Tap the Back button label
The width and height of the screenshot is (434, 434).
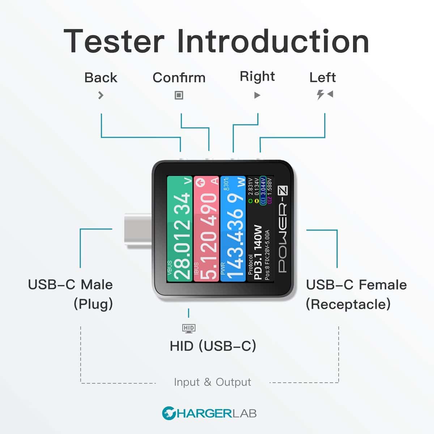point(101,77)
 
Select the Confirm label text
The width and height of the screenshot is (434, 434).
point(179,77)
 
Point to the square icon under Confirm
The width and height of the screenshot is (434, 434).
point(179,95)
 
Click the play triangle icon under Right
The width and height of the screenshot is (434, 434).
point(257,95)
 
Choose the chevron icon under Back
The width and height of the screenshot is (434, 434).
point(101,95)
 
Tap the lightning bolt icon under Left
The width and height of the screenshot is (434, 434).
point(320,95)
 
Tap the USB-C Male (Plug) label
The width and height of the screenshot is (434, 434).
point(71,294)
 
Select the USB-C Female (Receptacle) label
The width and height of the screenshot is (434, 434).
point(356,294)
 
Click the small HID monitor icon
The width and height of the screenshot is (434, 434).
point(189,328)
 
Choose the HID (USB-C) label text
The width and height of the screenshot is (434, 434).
point(213,346)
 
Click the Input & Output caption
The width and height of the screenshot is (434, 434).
point(212,382)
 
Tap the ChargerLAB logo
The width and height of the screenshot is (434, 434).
point(209,413)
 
